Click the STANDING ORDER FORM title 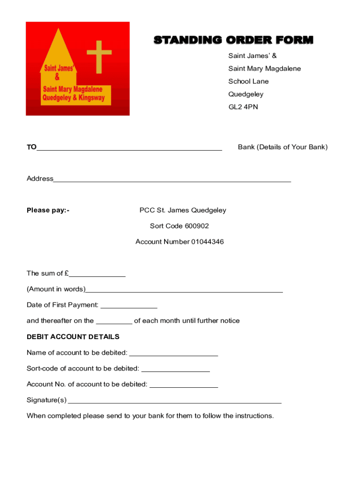[x=233, y=40]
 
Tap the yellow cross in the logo [x=99, y=56]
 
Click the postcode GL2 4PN [x=243, y=107]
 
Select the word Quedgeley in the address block [x=245, y=94]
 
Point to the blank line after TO [x=129, y=148]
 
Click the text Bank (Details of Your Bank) [x=282, y=147]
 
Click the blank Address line [x=172, y=179]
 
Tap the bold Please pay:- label [x=48, y=210]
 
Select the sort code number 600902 [x=197, y=226]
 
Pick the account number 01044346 [x=207, y=242]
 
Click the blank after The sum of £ [x=97, y=275]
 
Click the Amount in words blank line [x=184, y=290]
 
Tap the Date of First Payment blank [x=129, y=306]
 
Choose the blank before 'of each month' [x=114, y=322]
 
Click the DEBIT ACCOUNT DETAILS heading [x=73, y=337]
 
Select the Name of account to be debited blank [x=173, y=354]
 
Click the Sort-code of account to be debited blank [x=175, y=370]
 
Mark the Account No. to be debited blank [x=183, y=385]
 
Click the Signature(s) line [x=175, y=401]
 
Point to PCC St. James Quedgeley [x=183, y=210]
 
